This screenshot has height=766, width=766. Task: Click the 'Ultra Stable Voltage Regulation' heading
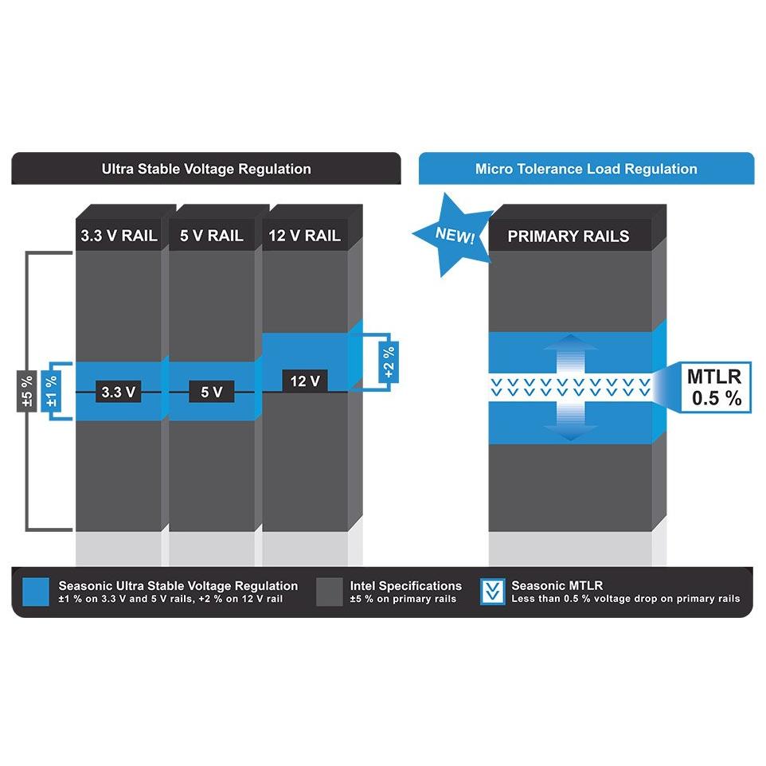coord(206,169)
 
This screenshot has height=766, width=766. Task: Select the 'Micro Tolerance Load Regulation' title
coord(586,169)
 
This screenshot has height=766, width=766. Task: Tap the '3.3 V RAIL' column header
coord(119,236)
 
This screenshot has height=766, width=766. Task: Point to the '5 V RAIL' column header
coord(212,236)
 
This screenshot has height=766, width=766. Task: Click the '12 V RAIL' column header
coord(305,236)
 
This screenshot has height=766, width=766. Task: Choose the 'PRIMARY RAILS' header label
coord(569,236)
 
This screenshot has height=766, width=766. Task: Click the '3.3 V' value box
coord(118,391)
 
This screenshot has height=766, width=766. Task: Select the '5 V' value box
coord(212,391)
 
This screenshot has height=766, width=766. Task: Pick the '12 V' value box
coord(305,381)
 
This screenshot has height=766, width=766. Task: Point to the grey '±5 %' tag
coord(27,391)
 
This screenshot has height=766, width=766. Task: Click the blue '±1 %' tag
coord(51,391)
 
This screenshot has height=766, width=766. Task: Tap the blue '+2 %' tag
coord(389,362)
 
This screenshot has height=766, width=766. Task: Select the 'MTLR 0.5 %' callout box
coord(716,387)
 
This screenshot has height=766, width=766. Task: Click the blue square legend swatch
coord(36,592)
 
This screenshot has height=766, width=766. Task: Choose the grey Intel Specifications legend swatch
coord(330,592)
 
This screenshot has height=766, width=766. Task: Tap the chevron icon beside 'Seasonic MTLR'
coord(492,592)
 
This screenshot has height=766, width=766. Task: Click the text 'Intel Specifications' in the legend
coord(405,586)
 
